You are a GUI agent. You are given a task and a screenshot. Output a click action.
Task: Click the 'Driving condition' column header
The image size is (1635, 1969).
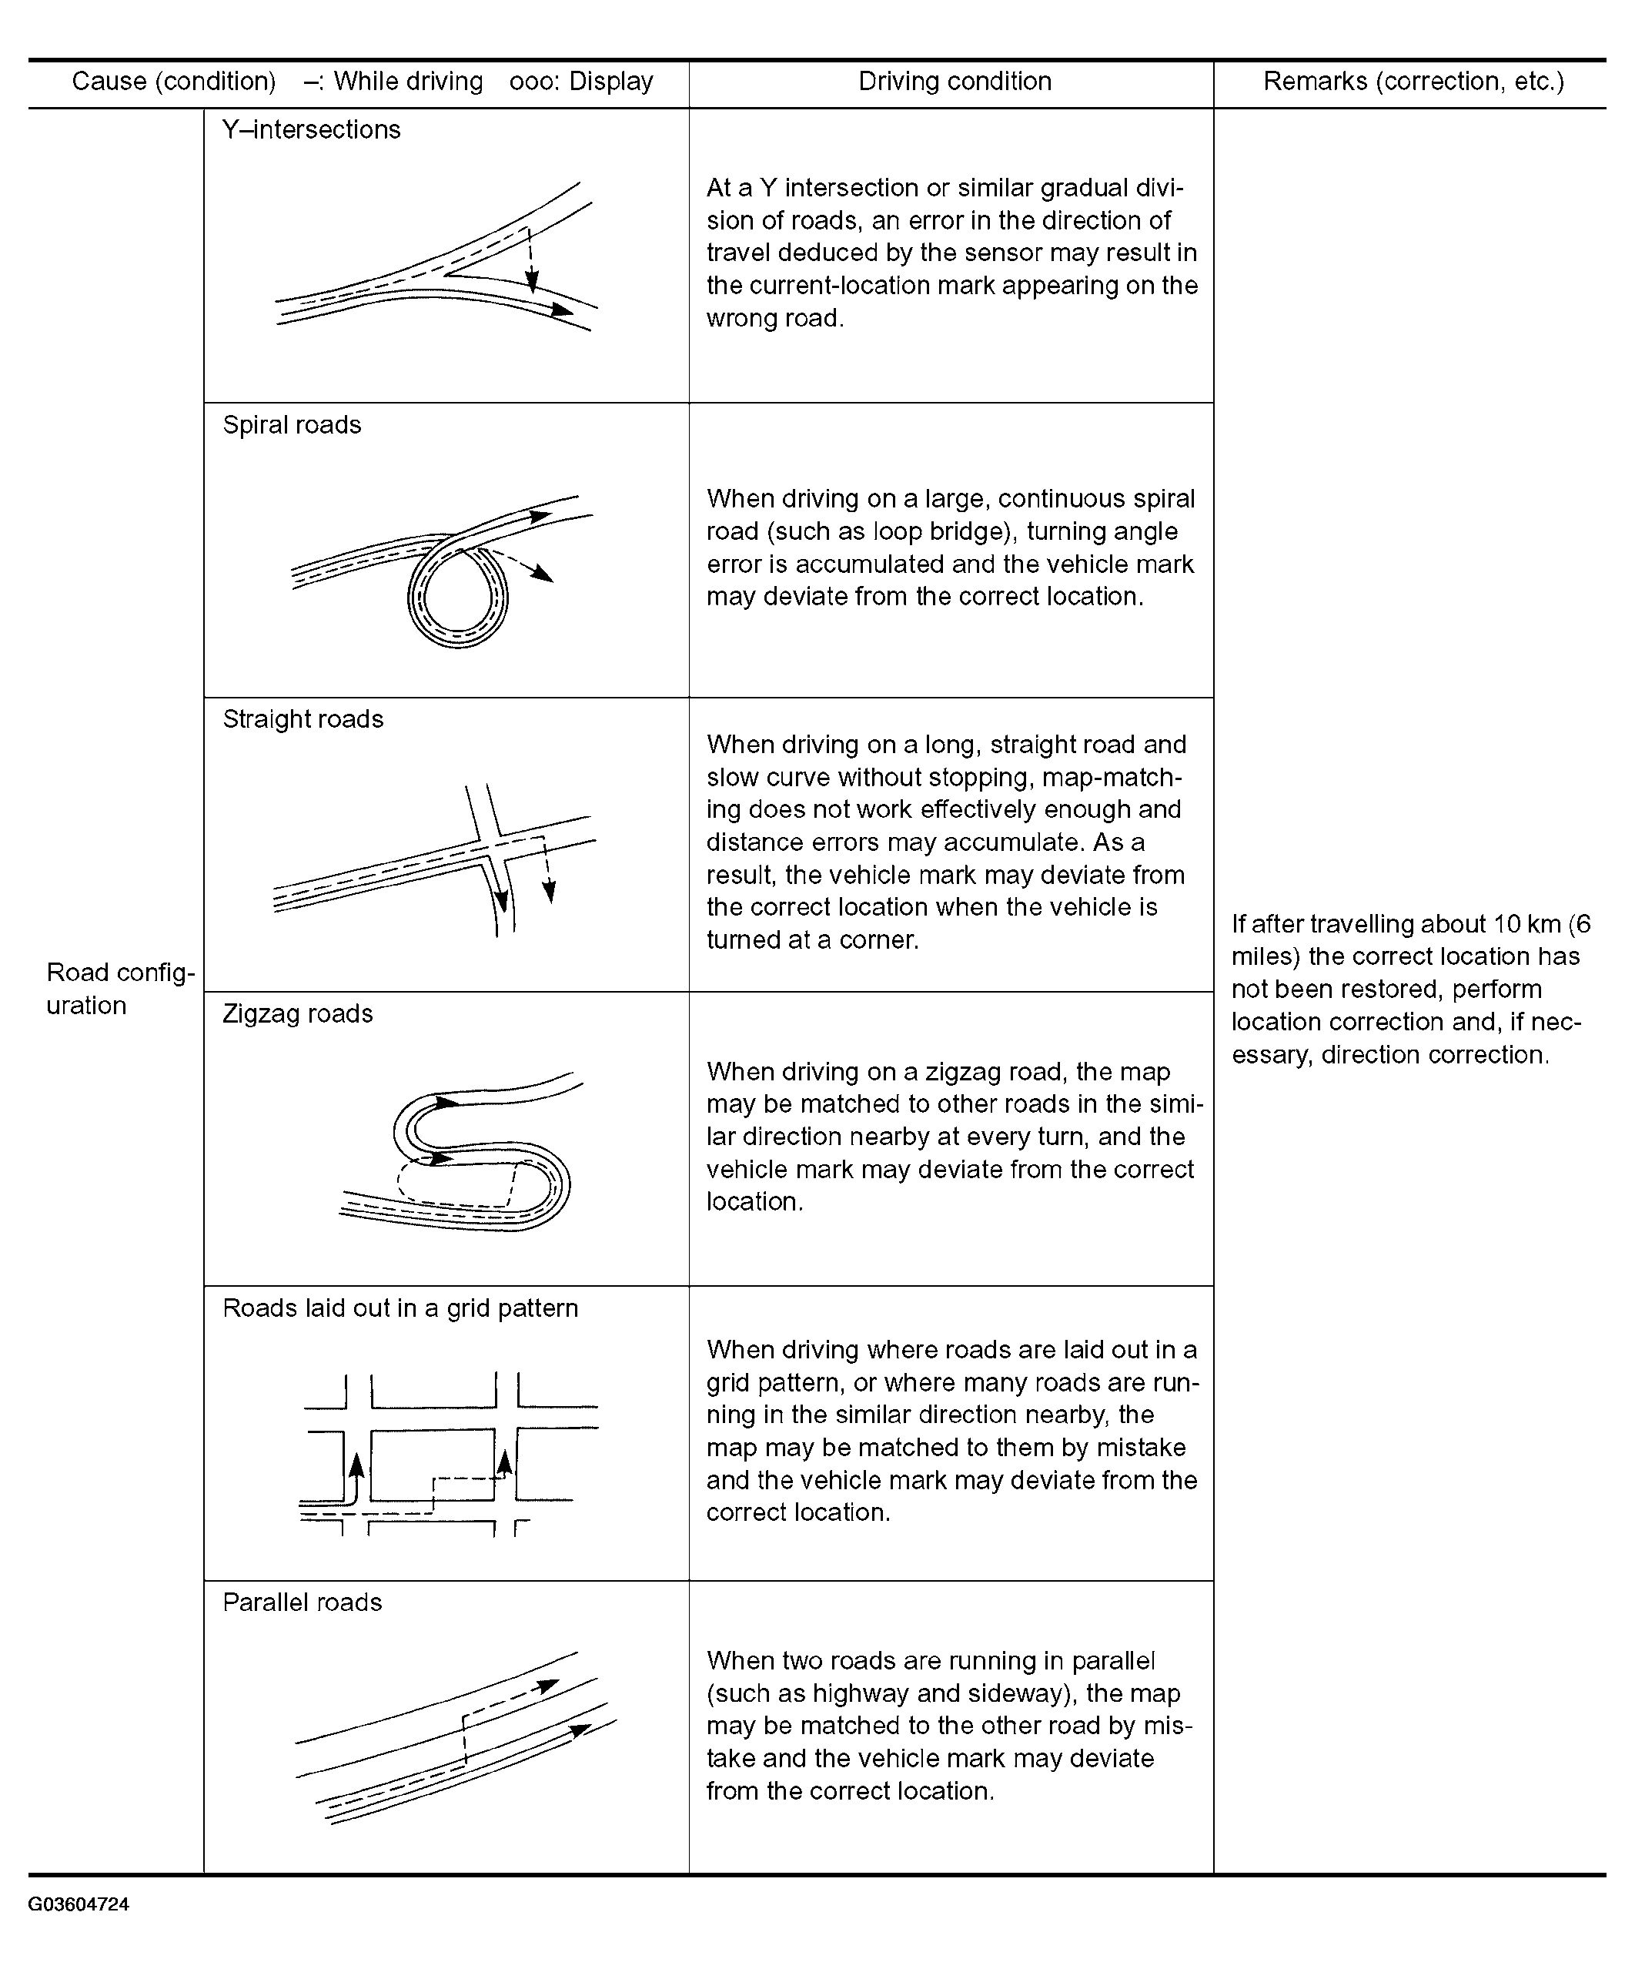coord(955,82)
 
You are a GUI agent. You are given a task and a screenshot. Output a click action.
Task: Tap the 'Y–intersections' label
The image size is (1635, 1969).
coord(311,129)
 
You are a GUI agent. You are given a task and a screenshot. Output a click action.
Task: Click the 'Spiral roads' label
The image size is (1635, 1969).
coord(292,425)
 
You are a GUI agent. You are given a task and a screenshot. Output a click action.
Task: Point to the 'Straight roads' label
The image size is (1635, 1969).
coord(303,719)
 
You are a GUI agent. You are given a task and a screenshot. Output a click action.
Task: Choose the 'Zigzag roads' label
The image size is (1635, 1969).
coord(297,1013)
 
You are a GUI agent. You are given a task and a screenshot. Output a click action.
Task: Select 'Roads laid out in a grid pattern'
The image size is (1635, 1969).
coord(400,1308)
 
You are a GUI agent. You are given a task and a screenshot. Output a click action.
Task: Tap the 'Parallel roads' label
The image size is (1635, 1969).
coord(302,1602)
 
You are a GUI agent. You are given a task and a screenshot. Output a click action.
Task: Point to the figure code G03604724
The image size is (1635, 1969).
coord(79,1904)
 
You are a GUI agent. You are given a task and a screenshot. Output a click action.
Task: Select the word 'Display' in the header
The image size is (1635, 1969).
coord(610,82)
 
